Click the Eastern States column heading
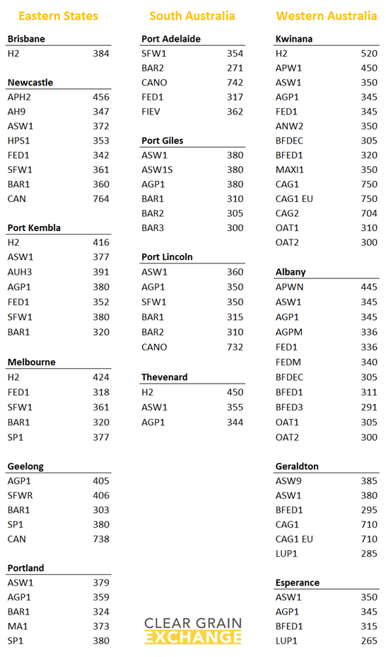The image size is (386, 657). (58, 16)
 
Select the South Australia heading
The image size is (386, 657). (192, 16)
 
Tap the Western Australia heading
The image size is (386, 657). (327, 16)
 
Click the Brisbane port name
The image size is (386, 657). (26, 39)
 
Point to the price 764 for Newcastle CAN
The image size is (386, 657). (101, 199)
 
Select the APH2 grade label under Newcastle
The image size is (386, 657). (19, 97)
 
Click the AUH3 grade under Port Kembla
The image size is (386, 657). (20, 271)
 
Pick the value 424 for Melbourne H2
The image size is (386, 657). (101, 378)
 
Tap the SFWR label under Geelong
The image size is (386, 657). (20, 495)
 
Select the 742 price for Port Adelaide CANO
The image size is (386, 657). (235, 83)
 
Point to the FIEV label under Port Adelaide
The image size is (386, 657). (152, 112)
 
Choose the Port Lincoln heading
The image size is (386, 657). (167, 257)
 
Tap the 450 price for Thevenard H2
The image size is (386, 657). (235, 392)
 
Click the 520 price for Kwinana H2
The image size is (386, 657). (368, 53)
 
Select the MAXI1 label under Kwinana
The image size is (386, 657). (289, 170)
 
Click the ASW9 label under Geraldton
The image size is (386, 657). (288, 481)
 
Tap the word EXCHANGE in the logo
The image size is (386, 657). (193, 637)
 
